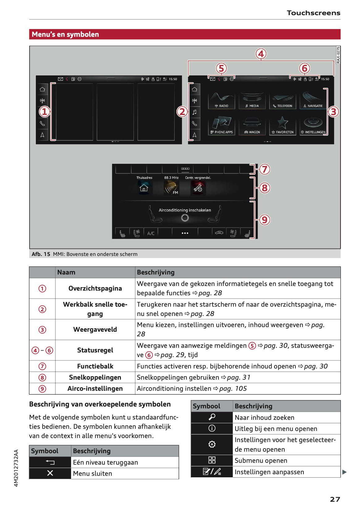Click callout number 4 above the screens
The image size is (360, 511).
pos(261,54)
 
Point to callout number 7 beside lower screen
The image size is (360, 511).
pos(265,169)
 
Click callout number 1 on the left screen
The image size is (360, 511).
pos(44,112)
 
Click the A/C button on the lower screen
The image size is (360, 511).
pos(151,233)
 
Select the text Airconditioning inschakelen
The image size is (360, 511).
pos(185,210)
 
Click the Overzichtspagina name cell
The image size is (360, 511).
pos(95,288)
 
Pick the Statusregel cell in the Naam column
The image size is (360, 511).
pos(95,350)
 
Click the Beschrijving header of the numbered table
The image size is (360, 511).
pos(156,272)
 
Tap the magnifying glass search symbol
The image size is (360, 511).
pos(212,417)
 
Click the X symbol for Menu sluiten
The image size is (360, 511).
pos(50,473)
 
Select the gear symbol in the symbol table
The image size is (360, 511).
pos(212,444)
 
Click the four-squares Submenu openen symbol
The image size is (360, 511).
pos(212,460)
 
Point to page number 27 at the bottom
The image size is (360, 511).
pos(335,499)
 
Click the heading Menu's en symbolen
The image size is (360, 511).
pos(66,34)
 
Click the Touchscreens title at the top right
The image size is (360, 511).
pos(313,13)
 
